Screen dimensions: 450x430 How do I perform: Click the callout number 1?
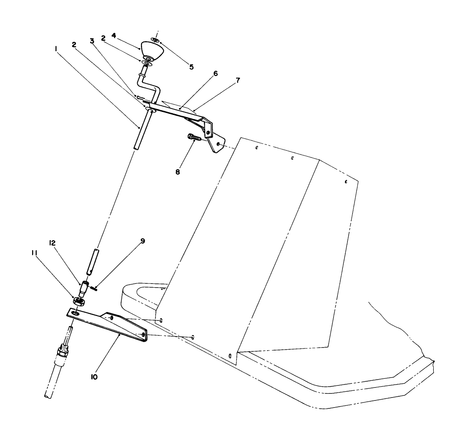click(x=56, y=49)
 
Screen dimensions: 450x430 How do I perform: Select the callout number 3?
click(x=92, y=41)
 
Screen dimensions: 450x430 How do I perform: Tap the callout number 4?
click(x=114, y=35)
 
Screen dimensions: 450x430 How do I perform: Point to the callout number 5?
click(x=191, y=67)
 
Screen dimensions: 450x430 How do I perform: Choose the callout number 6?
click(x=216, y=74)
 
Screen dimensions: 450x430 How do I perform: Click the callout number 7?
click(x=238, y=80)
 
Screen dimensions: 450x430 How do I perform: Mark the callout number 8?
click(x=178, y=172)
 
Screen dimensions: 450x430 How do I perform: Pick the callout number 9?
click(x=143, y=241)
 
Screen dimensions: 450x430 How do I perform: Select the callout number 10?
click(x=94, y=377)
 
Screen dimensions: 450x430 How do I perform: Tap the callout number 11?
click(x=34, y=253)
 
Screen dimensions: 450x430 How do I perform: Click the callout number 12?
click(x=52, y=243)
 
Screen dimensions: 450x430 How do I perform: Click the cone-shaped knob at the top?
click(x=152, y=51)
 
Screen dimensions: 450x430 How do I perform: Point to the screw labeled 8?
click(x=194, y=138)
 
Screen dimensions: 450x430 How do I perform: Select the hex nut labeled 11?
click(x=79, y=301)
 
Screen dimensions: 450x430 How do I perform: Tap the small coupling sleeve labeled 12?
click(x=85, y=289)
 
